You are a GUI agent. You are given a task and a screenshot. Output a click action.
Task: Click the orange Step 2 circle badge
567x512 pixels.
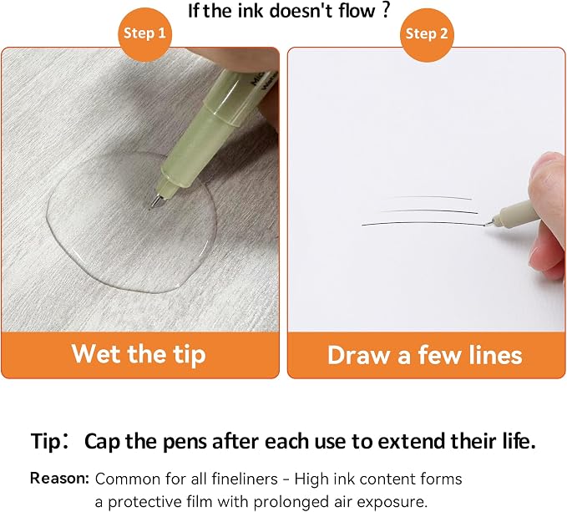coord(427,35)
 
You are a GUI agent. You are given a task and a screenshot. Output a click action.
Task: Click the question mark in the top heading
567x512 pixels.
coord(386,10)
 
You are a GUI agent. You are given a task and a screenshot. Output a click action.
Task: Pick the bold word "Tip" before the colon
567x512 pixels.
coord(46,442)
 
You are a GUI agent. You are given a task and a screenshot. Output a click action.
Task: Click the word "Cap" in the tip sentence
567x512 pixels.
coord(103,442)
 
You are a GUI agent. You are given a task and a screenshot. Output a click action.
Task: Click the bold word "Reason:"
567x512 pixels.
coord(59,478)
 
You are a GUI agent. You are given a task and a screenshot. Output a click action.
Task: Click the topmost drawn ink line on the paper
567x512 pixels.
coord(430,197)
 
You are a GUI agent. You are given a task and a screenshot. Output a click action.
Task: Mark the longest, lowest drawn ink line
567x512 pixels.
coord(423,224)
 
